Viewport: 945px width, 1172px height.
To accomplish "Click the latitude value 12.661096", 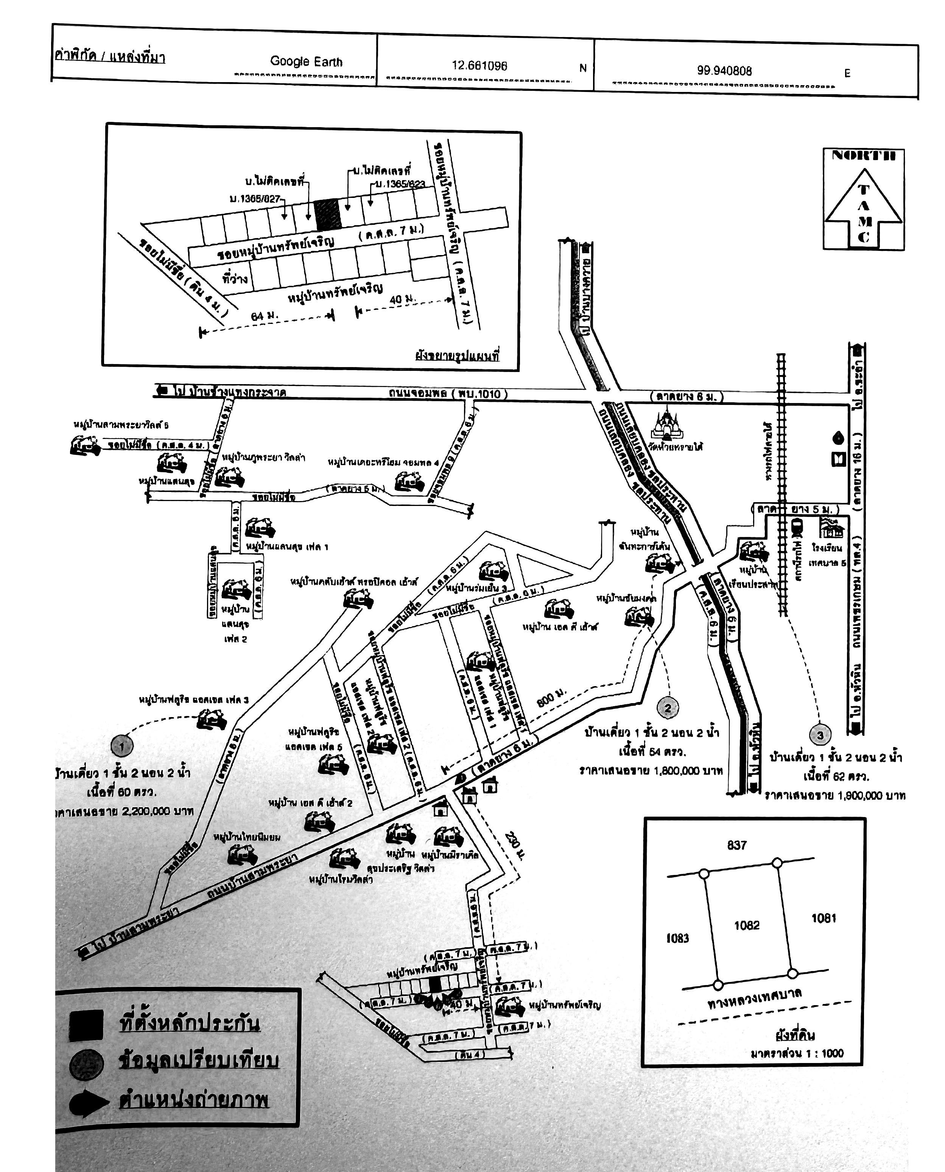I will pyautogui.click(x=479, y=65).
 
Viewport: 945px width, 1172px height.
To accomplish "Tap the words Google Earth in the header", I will pyautogui.click(x=306, y=62).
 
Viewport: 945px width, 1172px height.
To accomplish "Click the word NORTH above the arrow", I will pyautogui.click(x=863, y=156).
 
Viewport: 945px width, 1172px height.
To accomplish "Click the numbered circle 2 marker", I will pyautogui.click(x=667, y=708).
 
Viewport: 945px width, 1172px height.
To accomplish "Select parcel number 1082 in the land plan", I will pyautogui.click(x=746, y=925).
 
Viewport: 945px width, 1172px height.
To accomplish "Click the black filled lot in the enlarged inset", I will pyautogui.click(x=328, y=214).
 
